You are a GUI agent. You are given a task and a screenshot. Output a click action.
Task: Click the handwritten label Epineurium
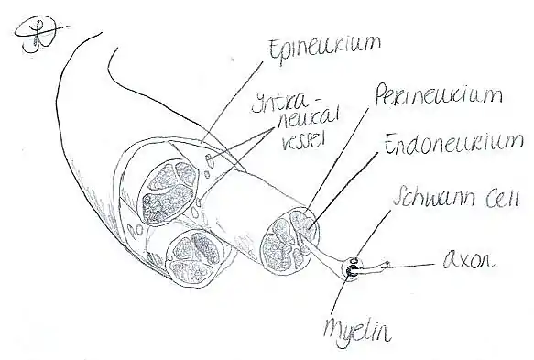tap(324, 49)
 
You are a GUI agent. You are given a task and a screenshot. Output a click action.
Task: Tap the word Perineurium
tap(439, 95)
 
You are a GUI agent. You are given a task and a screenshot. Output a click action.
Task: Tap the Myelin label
tap(356, 329)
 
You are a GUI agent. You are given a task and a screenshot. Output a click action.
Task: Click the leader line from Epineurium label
tap(232, 102)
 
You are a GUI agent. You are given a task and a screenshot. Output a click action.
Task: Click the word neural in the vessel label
tap(309, 121)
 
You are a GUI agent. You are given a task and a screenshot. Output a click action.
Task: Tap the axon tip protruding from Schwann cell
tap(387, 264)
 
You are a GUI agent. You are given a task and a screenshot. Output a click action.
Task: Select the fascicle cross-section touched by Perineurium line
tap(290, 239)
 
